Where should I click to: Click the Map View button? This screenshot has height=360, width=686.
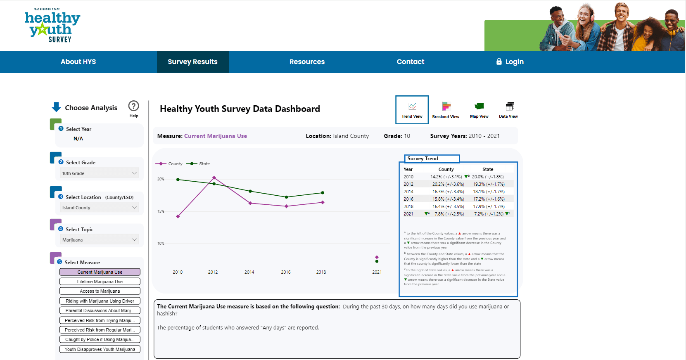(479, 110)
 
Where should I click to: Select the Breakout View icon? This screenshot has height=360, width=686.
(446, 110)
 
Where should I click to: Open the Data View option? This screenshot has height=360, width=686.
(508, 110)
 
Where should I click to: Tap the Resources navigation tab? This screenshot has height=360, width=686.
(307, 62)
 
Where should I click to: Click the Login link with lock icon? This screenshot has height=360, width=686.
(510, 62)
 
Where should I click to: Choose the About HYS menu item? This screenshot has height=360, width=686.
(78, 62)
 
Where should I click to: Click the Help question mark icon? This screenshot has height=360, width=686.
(133, 106)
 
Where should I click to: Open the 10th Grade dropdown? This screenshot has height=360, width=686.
(99, 173)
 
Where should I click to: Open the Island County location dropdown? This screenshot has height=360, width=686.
(99, 208)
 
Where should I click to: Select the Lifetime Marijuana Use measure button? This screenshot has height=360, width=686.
(100, 282)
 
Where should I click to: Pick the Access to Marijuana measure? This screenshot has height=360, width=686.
(100, 291)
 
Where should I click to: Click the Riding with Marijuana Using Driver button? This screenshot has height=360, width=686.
(100, 301)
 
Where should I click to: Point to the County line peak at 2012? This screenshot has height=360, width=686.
(214, 178)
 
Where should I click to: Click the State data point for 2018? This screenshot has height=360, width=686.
(323, 193)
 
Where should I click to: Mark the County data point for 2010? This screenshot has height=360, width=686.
(178, 216)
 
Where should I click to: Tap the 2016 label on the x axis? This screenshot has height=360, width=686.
(286, 272)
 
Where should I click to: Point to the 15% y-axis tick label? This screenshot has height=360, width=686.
(161, 211)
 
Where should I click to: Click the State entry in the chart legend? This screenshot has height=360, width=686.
(204, 164)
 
